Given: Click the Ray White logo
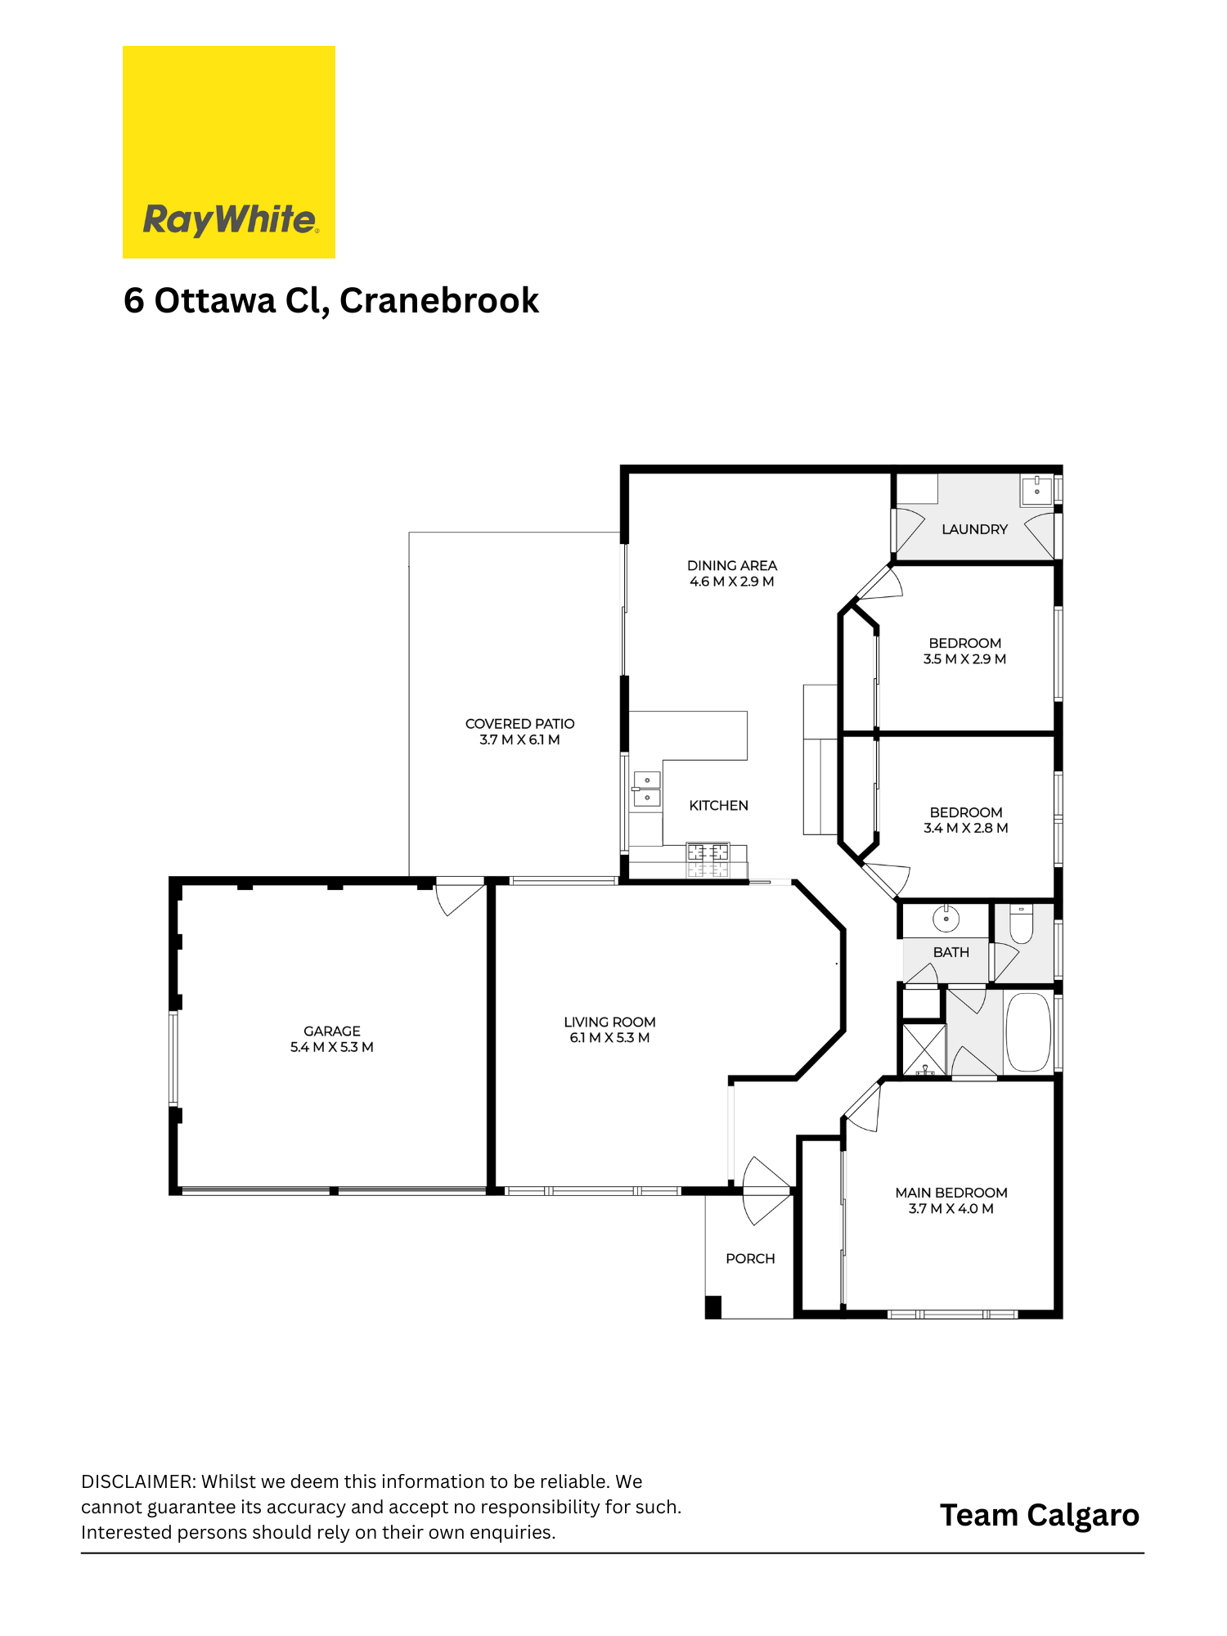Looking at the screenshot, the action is click(x=229, y=152).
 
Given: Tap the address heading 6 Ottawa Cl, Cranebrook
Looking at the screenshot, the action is click(x=331, y=301).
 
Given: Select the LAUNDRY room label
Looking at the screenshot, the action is click(x=974, y=529).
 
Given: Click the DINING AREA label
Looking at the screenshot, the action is click(x=732, y=565).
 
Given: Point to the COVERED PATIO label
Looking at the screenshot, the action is click(x=520, y=724).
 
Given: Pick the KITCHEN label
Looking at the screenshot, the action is click(x=719, y=806).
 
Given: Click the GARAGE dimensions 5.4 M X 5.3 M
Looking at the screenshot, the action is click(x=332, y=1047).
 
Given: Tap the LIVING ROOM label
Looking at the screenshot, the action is click(x=609, y=1022).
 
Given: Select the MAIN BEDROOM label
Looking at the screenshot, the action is click(x=951, y=1193).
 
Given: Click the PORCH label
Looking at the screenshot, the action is click(x=750, y=1258).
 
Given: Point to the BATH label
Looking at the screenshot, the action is click(x=951, y=952).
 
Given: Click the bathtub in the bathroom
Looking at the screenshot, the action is click(x=1028, y=1031).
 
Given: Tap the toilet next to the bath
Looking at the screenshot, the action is click(x=1022, y=923).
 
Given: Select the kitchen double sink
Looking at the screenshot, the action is click(x=647, y=789).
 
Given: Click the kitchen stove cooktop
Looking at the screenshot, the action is click(x=708, y=861).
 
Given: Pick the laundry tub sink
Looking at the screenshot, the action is click(x=1036, y=488).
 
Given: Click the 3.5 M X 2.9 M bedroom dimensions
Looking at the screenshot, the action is click(x=965, y=659).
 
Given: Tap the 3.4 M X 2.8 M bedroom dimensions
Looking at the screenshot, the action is click(x=966, y=828).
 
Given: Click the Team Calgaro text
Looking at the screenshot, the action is click(x=1040, y=1516).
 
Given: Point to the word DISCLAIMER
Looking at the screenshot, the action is click(x=137, y=1481).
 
